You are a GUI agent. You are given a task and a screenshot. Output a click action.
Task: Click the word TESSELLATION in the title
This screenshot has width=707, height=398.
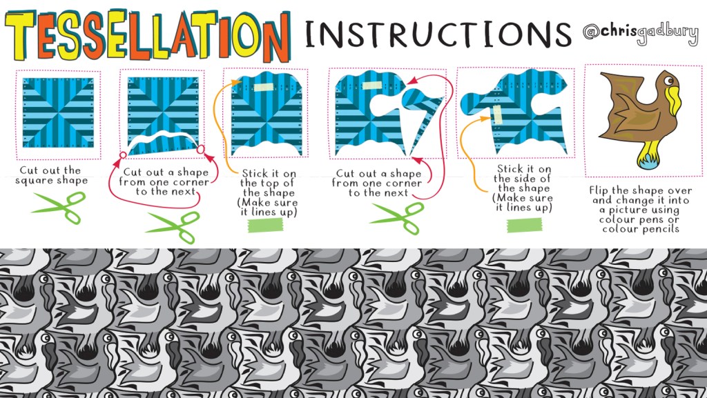pyautogui.click(x=148, y=36)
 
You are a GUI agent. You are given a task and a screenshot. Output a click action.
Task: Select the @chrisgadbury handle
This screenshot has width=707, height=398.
pyautogui.click(x=640, y=32)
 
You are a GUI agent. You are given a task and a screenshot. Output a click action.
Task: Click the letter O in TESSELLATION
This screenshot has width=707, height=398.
pyautogui.click(x=248, y=35)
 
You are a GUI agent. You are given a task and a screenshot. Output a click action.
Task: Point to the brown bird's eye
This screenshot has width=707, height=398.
pyautogui.click(x=668, y=81)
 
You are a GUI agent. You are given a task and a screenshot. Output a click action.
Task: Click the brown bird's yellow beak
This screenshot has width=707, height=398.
pyautogui.click(x=674, y=100)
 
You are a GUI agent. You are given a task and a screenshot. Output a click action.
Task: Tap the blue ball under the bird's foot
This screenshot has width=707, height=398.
pyautogui.click(x=649, y=161)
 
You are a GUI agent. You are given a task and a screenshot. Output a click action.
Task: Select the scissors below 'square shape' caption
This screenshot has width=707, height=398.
pyautogui.click(x=59, y=208)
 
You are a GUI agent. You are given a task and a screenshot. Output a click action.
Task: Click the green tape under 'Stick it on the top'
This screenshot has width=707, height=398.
pyautogui.click(x=266, y=225)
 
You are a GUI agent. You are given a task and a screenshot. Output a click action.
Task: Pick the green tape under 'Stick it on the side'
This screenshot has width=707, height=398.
pyautogui.click(x=525, y=225)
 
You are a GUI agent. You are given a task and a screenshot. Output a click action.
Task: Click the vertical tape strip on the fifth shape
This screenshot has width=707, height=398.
pyautogui.click(x=497, y=115)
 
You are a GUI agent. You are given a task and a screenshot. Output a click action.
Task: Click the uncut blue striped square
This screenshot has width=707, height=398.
pyautogui.click(x=58, y=112)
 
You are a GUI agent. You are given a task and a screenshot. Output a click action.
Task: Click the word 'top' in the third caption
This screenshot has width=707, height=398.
pyautogui.click(x=284, y=183)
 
